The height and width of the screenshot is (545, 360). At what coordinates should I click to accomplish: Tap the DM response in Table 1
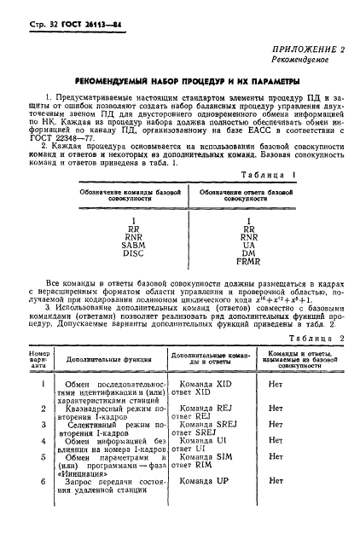pos(248,253)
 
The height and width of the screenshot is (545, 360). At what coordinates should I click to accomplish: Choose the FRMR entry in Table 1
pos(248,263)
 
